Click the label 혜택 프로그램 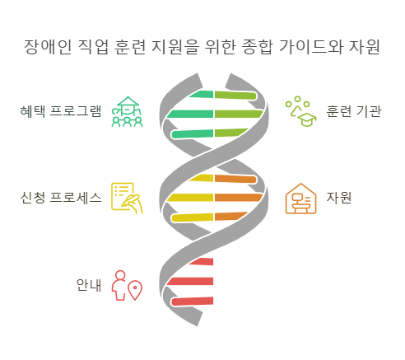point(61,111)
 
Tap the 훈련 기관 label point(353,111)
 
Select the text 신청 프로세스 point(61,198)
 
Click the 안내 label point(88,285)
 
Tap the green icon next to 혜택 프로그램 point(127,112)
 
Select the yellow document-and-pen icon point(127,199)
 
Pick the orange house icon point(300,199)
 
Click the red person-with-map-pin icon point(127,285)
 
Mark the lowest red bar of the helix point(193,301)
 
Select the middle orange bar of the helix point(237,198)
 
